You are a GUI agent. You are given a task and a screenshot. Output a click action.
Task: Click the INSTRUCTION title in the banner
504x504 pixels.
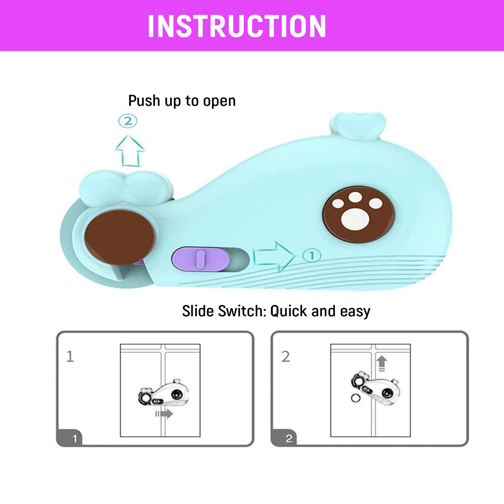tap(237, 26)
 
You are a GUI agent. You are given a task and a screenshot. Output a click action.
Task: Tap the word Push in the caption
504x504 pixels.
tap(144, 101)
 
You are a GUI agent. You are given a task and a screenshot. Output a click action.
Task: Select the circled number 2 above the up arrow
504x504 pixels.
tap(128, 121)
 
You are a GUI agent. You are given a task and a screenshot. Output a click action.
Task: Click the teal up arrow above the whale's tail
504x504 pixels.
tap(129, 151)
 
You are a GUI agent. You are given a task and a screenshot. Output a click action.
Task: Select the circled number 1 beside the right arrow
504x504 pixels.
tap(312, 255)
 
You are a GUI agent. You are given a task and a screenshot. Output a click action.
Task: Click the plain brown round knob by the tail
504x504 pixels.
tap(119, 237)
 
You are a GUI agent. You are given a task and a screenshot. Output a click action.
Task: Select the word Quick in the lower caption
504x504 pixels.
tap(289, 312)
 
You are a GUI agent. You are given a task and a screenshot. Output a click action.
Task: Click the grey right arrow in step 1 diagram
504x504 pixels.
tap(164, 414)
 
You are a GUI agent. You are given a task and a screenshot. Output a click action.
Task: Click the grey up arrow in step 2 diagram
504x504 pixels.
tap(382, 363)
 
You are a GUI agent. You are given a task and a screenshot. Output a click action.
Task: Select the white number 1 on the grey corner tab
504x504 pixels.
tap(75, 438)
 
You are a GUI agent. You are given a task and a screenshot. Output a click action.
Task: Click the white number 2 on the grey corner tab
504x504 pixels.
tap(289, 438)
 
